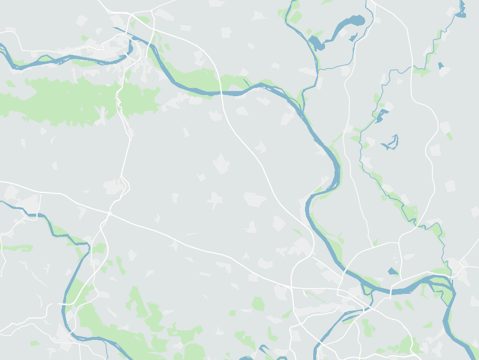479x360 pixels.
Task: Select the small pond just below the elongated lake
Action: point(316,43)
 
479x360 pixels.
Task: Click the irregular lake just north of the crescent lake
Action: point(382,114)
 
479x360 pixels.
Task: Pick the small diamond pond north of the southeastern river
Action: point(393,271)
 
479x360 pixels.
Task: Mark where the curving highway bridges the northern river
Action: point(221,93)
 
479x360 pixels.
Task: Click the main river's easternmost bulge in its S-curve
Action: point(338,171)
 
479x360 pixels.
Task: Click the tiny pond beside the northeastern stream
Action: point(440,65)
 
